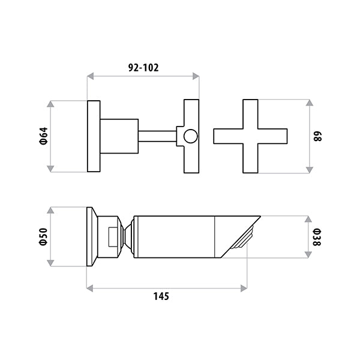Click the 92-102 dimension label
[x=143, y=67]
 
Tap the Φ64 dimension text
[x=44, y=136]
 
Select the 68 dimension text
[x=317, y=136]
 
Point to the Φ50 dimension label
[x=43, y=237]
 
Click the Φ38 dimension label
[x=317, y=237]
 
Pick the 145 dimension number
[x=161, y=296]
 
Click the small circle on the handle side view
[x=191, y=136]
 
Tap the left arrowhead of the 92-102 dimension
[x=91, y=76]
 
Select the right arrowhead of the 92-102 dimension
[x=196, y=76]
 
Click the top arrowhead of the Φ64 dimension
[x=50, y=104]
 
